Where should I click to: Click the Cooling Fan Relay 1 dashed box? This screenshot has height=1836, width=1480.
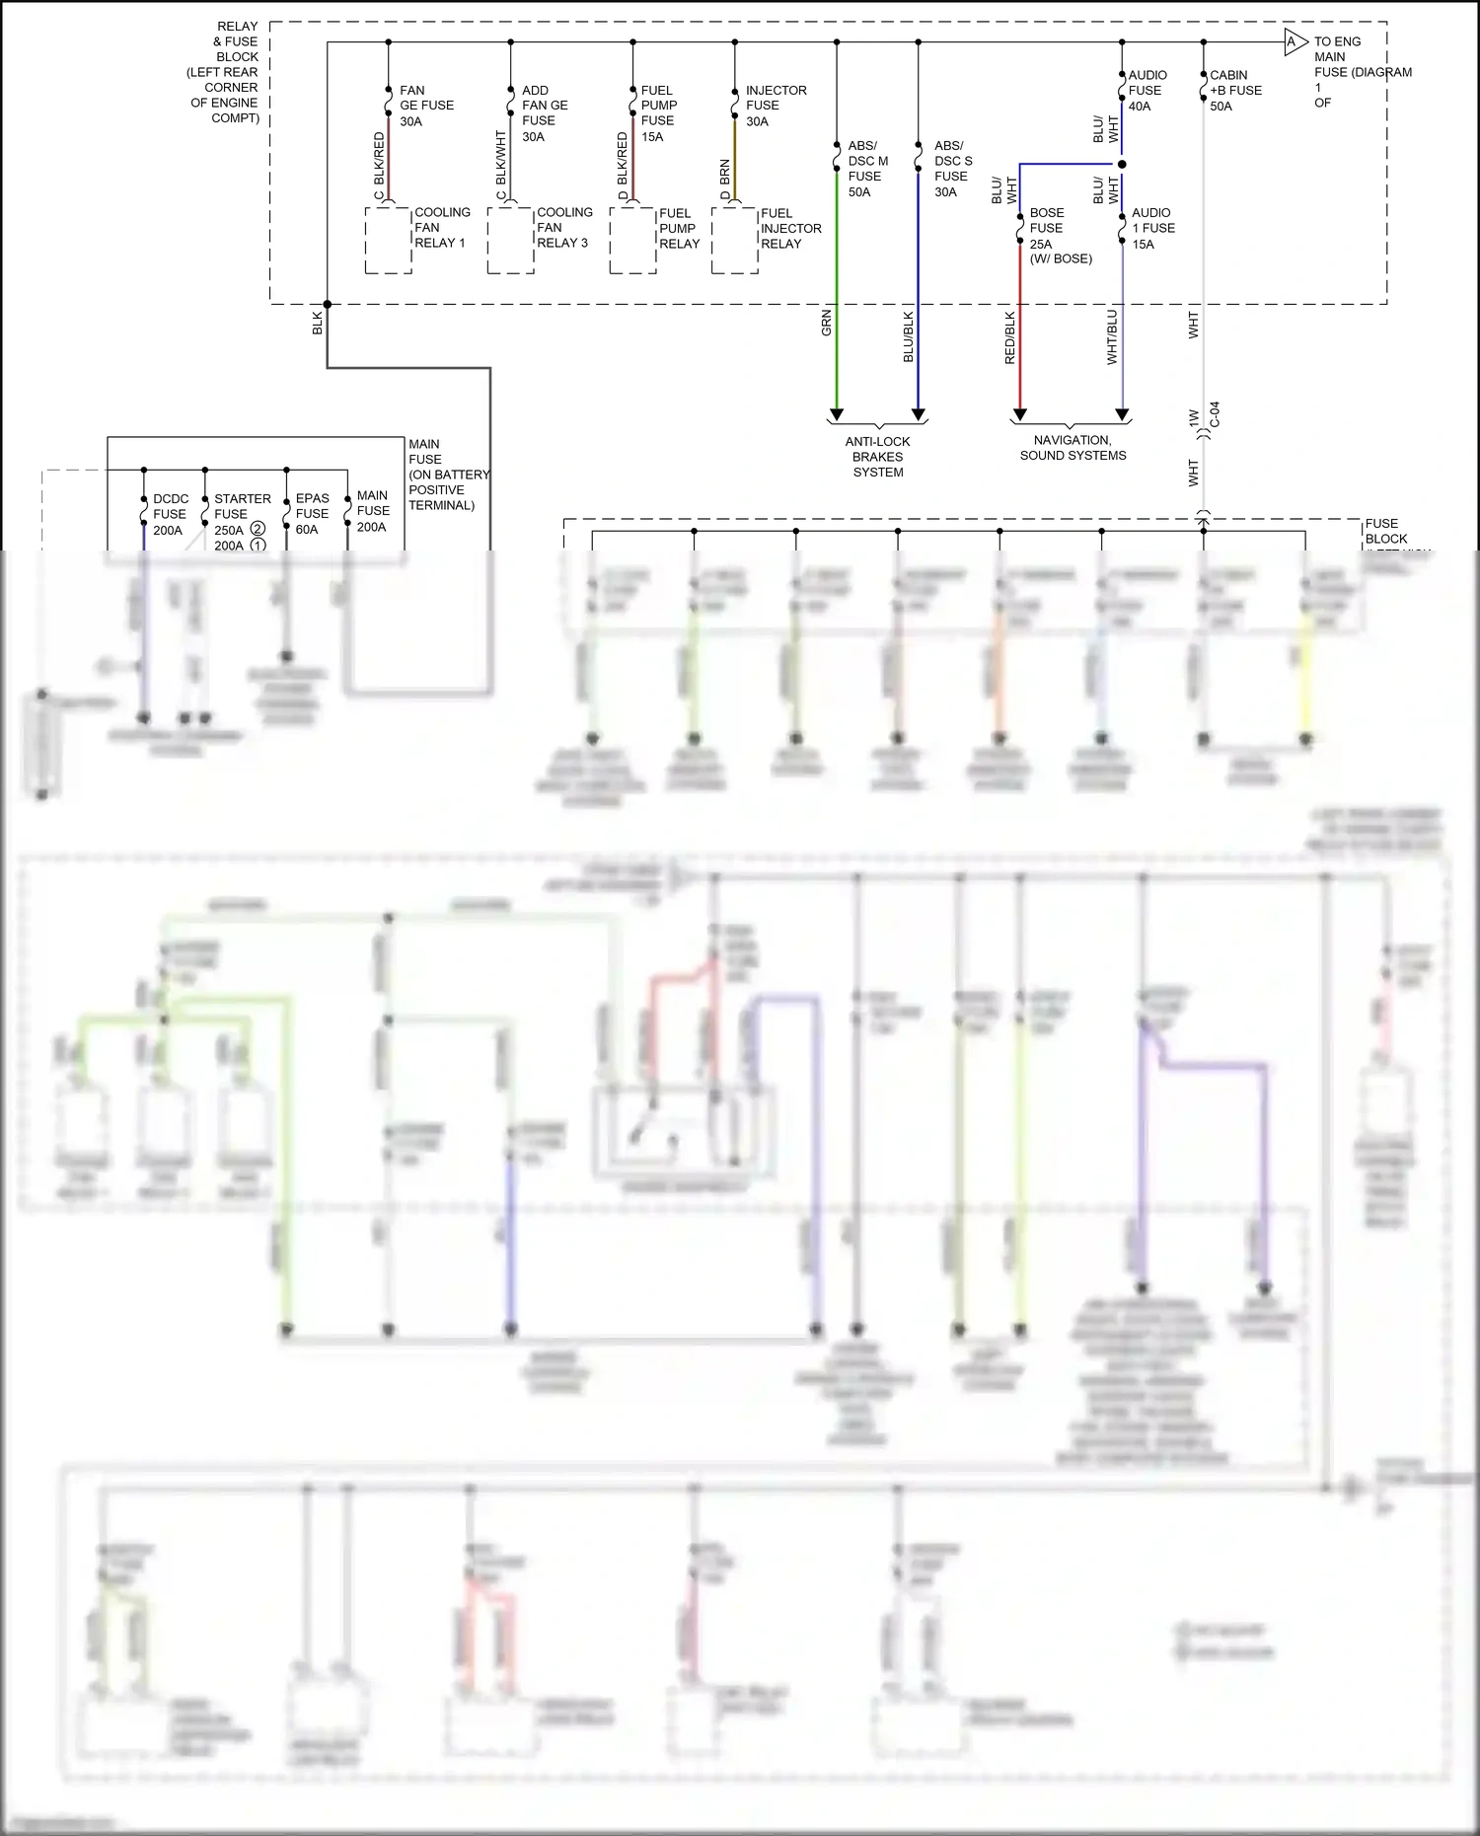tap(389, 240)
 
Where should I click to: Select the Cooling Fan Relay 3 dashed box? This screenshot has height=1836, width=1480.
tap(510, 240)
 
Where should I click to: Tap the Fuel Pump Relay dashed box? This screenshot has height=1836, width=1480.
tap(632, 240)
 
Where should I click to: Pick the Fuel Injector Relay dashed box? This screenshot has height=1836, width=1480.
tap(735, 240)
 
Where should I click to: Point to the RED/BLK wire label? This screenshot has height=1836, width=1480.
tap(1009, 338)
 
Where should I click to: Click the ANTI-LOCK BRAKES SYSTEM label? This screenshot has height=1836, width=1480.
tap(877, 457)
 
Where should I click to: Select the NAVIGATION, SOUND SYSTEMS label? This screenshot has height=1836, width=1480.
tap(1073, 448)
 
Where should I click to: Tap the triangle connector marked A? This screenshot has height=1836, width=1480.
tap(1294, 42)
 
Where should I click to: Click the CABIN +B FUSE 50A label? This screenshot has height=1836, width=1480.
tap(1234, 91)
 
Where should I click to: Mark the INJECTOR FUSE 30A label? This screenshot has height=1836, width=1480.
tap(775, 106)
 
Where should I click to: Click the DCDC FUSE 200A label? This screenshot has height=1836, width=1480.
tap(170, 514)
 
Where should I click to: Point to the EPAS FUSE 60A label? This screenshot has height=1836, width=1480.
tap(312, 514)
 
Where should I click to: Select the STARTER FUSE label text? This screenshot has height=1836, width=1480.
tap(242, 506)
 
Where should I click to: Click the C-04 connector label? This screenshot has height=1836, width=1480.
tap(1215, 414)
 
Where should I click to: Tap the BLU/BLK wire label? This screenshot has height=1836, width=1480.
tap(909, 336)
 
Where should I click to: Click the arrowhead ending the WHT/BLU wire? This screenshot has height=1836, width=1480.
tap(1122, 415)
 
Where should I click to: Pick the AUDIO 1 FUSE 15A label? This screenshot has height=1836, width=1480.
tap(1152, 228)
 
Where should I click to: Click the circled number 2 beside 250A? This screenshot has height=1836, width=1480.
tap(258, 529)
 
